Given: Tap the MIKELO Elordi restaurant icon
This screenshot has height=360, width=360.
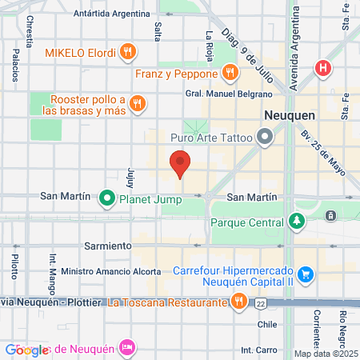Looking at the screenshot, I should click(128, 53).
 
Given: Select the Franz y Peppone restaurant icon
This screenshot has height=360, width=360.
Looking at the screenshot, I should click(230, 73).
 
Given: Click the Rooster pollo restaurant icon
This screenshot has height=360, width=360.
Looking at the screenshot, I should click(138, 102).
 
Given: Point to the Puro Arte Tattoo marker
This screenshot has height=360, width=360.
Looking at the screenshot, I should click(266, 138).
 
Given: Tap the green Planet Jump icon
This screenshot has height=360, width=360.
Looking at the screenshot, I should click(106, 197).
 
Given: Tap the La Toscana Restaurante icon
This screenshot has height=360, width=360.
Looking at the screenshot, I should click(238, 302).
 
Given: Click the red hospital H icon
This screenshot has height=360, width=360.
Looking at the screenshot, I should click(323, 69).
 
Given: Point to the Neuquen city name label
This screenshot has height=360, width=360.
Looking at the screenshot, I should click(289, 115).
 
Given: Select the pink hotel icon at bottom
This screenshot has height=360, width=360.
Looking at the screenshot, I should click(126, 346).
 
